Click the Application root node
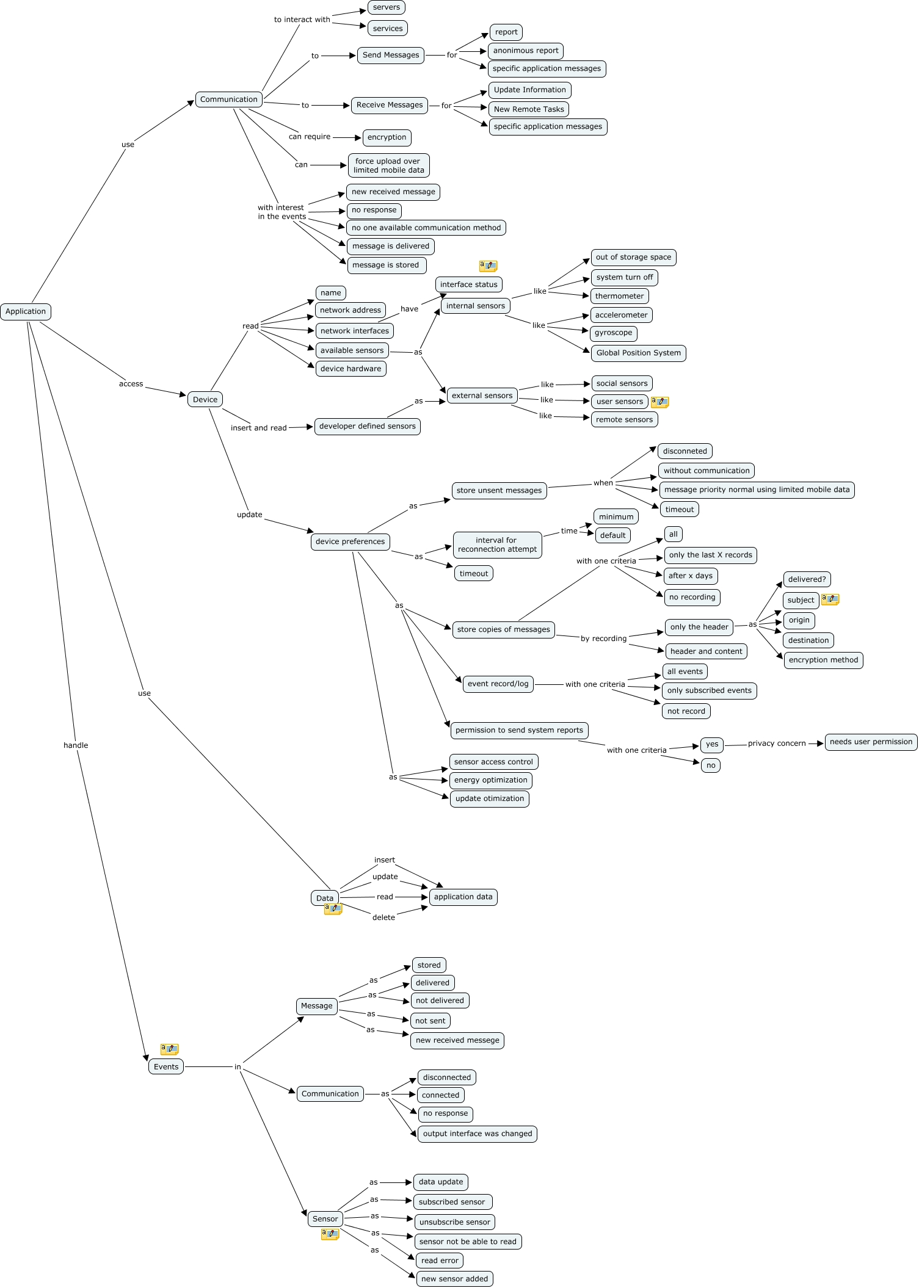pos(26,311)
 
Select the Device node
pos(205,399)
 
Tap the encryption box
pos(387,137)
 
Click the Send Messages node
pos(391,55)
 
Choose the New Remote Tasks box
pos(529,109)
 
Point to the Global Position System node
pos(638,353)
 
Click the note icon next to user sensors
pos(659,402)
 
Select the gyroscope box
pos(613,333)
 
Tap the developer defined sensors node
pos(368,426)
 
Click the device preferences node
pos(350,541)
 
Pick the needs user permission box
pos(871,742)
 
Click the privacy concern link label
pos(777,743)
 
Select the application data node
pos(463,897)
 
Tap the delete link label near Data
pos(383,917)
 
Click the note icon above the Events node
pos(169,1049)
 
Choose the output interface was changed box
pos(478,1134)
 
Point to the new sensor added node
pos(454,1279)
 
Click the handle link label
pos(76,745)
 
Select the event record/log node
pos(498,684)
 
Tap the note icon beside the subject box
pos(830,599)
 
